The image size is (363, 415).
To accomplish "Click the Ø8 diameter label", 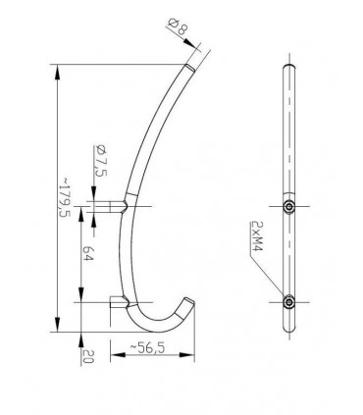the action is pos(178,26).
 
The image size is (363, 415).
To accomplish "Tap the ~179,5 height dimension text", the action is pos(65,197).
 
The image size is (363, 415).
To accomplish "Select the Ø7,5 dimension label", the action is pos(100,160).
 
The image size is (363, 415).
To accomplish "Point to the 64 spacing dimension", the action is pos(88,253).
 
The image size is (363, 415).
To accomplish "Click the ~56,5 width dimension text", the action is pos(147,347).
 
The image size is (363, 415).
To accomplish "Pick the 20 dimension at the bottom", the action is pos(88,356).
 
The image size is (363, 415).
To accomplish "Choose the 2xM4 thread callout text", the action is pos(257,235).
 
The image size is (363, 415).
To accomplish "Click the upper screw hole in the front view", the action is pos(289,206).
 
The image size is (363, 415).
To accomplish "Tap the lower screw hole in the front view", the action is pos(289,302).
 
